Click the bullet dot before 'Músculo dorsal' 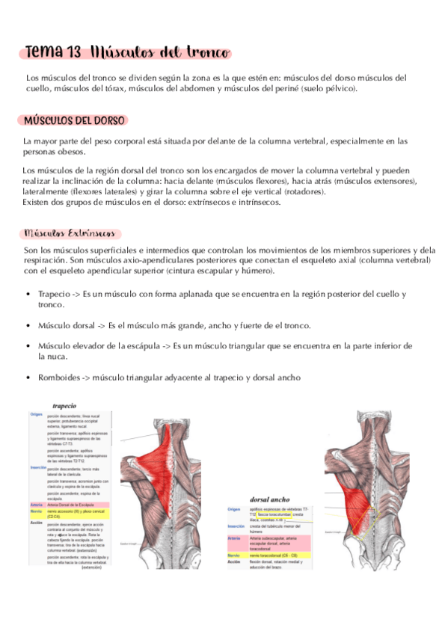tap(28, 326)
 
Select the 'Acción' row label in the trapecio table tap(37, 501)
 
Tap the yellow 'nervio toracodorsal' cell tap(277, 555)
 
